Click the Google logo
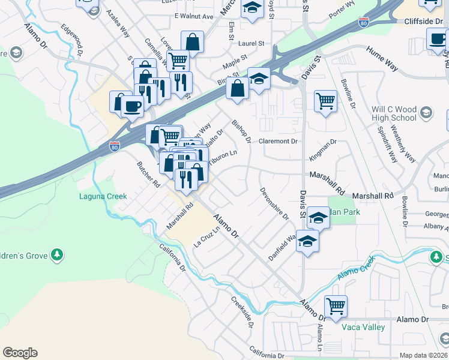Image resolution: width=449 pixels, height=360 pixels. (20, 353)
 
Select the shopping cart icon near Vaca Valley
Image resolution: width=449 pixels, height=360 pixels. (336, 306)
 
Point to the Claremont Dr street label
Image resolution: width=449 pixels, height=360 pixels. (278, 142)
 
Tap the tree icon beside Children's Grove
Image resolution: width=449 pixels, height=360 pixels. (57, 254)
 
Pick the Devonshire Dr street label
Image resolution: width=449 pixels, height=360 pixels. (274, 203)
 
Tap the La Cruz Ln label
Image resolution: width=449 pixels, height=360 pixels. (205, 238)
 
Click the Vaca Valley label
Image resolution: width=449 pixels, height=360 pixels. (363, 327)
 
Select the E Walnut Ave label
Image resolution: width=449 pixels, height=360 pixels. (194, 16)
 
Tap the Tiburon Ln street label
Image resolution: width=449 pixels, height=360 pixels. (223, 153)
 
